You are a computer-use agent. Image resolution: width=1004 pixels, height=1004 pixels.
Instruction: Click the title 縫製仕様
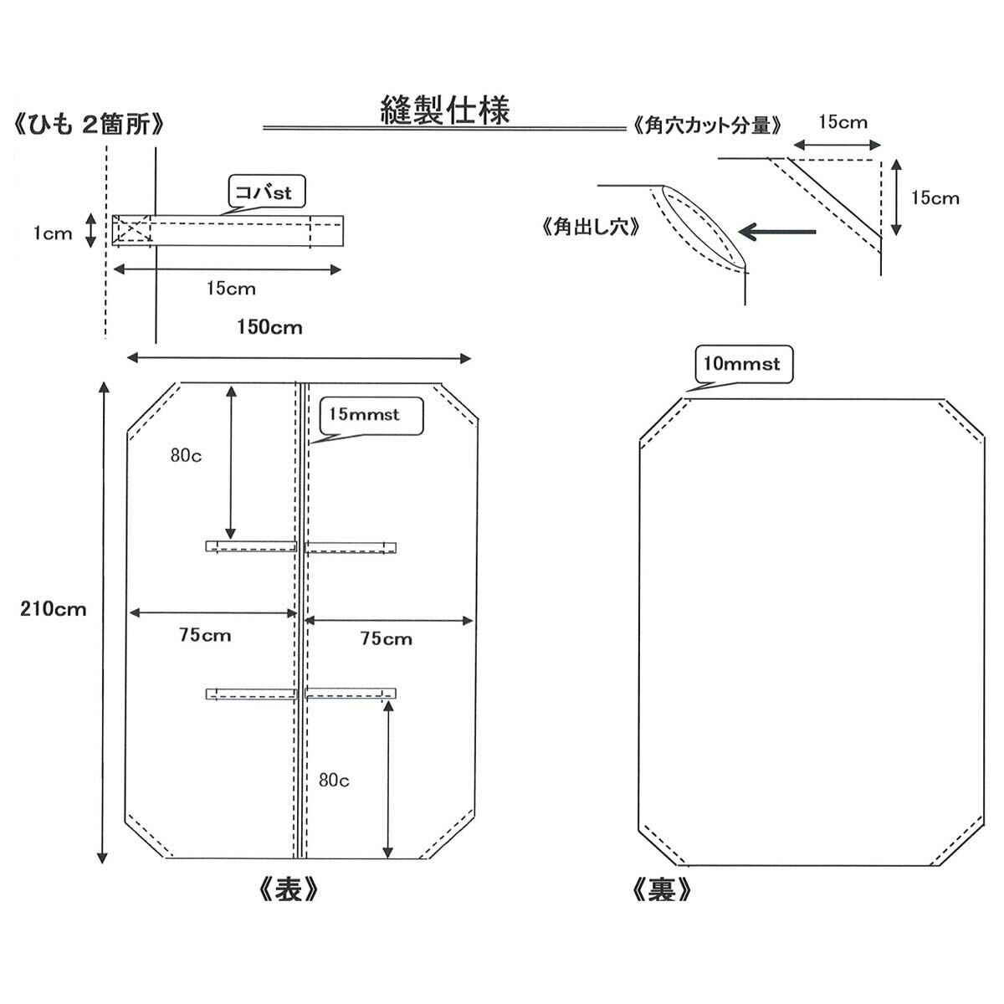(x=444, y=110)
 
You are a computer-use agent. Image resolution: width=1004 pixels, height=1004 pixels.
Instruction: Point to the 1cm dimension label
(x=53, y=233)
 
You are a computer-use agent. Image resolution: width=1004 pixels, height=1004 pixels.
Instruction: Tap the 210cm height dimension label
(x=54, y=608)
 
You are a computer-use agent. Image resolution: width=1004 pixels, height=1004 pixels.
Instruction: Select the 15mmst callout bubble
(x=364, y=415)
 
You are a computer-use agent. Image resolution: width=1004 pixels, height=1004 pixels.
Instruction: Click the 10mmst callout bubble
(x=742, y=364)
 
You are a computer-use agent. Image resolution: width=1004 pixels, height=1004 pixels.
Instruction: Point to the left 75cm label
(x=204, y=635)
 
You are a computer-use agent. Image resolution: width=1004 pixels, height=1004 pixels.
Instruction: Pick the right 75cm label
(x=386, y=639)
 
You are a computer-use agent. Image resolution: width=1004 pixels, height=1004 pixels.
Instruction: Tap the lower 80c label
(x=335, y=780)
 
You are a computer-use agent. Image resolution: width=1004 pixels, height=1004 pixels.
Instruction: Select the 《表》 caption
(x=286, y=889)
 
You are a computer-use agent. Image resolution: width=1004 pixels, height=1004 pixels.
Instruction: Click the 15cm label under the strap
(x=230, y=289)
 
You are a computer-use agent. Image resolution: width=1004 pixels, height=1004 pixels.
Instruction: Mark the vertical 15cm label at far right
(x=935, y=198)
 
